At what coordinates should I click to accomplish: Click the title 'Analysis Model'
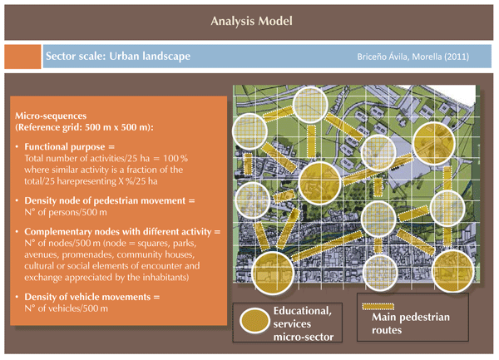click(x=251, y=21)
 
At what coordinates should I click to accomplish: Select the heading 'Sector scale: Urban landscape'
click(x=118, y=57)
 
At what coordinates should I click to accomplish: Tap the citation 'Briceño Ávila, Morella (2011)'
click(x=413, y=57)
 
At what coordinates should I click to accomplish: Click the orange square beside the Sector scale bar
click(x=22, y=57)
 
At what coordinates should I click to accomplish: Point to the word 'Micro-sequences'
click(x=51, y=116)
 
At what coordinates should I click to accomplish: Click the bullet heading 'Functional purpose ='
click(x=69, y=146)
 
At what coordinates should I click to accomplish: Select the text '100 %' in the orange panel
click(x=175, y=158)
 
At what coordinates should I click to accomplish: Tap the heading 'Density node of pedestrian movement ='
click(x=110, y=200)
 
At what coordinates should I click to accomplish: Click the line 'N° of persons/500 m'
click(x=66, y=212)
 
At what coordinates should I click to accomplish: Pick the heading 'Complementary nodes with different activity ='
click(x=122, y=231)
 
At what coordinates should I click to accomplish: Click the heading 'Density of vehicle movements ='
click(x=92, y=297)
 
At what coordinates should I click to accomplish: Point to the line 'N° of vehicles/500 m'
click(x=67, y=308)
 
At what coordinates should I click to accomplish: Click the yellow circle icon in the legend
click(x=254, y=321)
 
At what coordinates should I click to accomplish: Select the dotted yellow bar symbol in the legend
click(x=378, y=307)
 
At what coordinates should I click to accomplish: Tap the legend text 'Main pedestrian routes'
click(x=411, y=323)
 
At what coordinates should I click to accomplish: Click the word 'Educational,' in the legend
click(x=303, y=311)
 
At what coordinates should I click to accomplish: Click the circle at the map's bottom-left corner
click(x=273, y=273)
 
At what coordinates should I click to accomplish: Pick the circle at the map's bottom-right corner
click(x=453, y=271)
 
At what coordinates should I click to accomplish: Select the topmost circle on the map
click(x=310, y=105)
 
